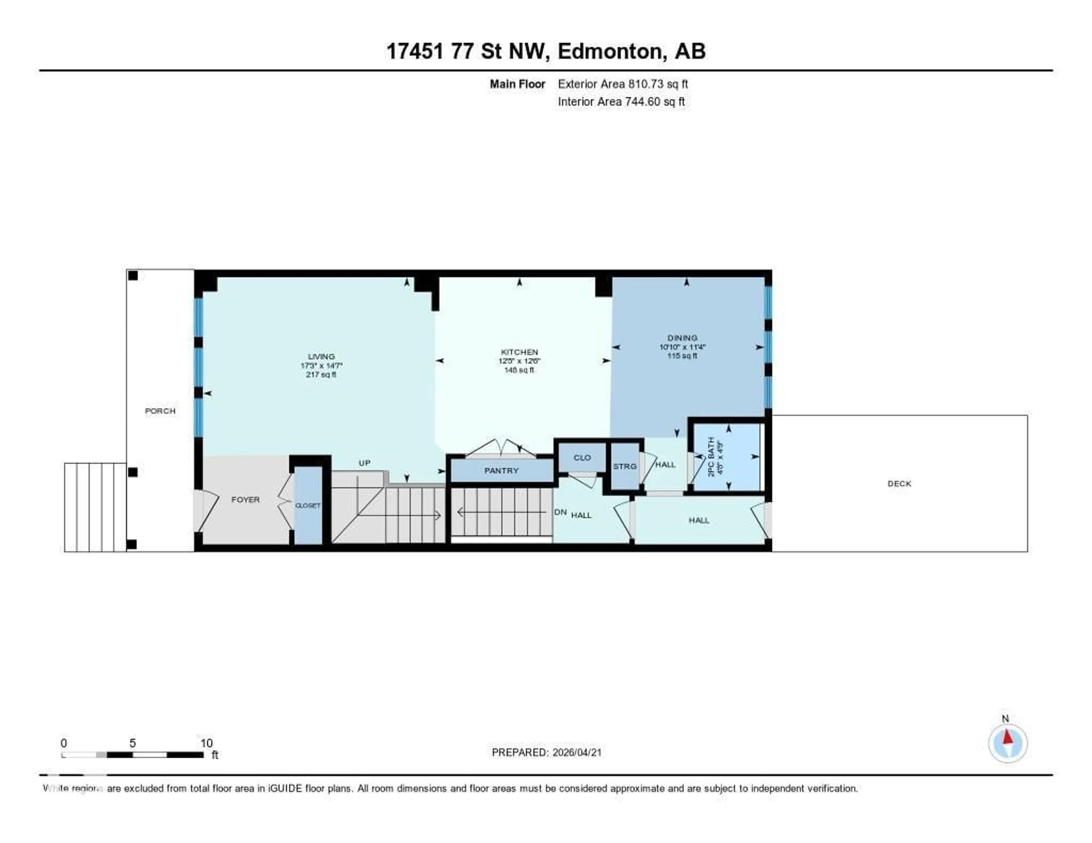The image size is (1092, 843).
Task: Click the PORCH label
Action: (x=160, y=411)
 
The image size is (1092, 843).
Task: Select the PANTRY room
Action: (x=502, y=471)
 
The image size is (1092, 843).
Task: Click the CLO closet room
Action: (x=582, y=458)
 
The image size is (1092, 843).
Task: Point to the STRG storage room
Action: (x=624, y=466)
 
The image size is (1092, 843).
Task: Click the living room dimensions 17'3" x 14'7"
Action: (x=321, y=365)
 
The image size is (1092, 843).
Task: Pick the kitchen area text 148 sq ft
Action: (x=519, y=370)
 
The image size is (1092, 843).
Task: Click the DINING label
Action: (x=682, y=338)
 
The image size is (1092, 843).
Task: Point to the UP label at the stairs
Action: (x=365, y=463)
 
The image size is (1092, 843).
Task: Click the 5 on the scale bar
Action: (x=133, y=743)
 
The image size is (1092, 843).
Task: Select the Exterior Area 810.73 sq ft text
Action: (x=622, y=84)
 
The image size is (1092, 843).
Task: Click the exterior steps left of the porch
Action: (x=95, y=507)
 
